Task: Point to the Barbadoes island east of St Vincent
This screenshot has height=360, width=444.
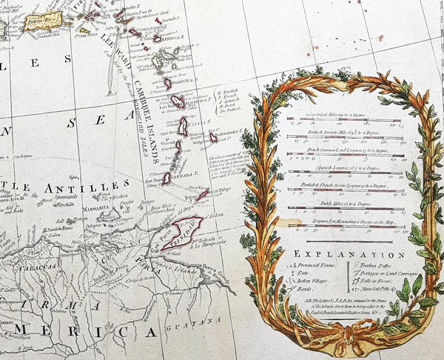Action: [x=213, y=137]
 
